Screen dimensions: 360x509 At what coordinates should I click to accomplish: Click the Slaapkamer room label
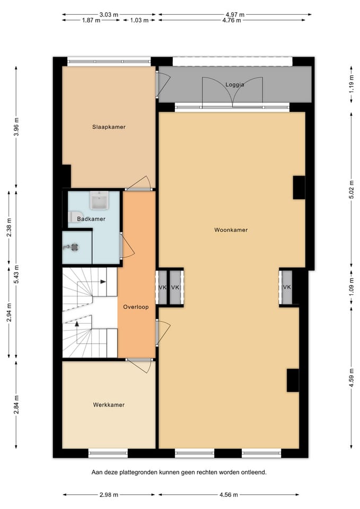(x=109, y=127)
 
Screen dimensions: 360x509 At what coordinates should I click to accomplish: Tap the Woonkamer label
(x=231, y=230)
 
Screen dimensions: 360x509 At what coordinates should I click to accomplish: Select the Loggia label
(x=235, y=85)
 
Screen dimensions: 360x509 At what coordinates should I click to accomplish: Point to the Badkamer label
(x=91, y=219)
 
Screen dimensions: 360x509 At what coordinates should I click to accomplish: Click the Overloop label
(x=136, y=307)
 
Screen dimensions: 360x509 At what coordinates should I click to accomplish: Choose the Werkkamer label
(x=109, y=405)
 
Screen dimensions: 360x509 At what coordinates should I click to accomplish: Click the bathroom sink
(x=100, y=200)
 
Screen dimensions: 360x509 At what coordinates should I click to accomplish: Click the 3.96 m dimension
(x=17, y=127)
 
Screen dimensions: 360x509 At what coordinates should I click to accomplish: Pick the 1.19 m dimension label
(x=352, y=84)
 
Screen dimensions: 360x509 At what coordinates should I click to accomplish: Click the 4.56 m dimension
(x=229, y=495)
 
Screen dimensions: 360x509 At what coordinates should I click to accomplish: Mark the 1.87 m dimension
(x=91, y=20)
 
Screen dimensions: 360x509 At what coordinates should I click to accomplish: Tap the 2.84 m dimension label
(x=17, y=405)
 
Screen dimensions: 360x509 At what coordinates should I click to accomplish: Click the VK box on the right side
(x=287, y=287)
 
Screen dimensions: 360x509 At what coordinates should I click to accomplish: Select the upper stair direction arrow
(x=103, y=282)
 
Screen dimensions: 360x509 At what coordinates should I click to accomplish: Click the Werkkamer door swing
(x=140, y=365)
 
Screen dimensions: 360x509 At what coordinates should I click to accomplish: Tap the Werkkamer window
(x=108, y=453)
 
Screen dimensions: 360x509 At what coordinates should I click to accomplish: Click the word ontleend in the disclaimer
(x=253, y=472)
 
